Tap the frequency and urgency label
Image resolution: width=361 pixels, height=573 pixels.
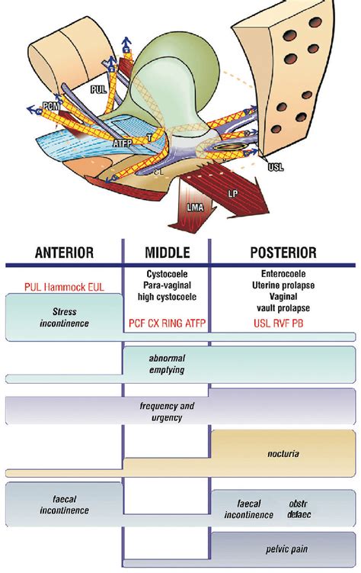click(x=165, y=411)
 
